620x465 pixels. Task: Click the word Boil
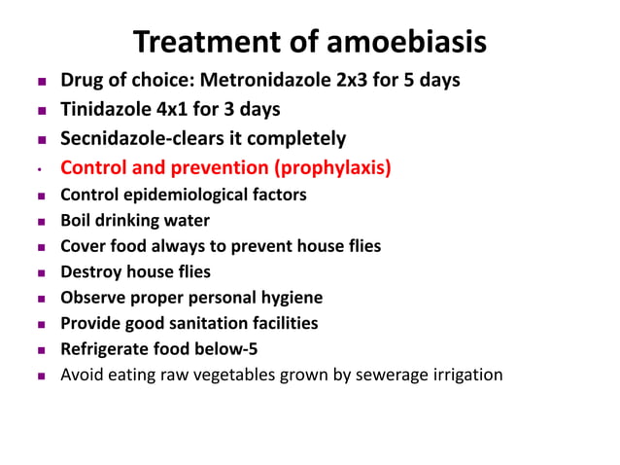click(78, 221)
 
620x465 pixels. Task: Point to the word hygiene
click(289, 298)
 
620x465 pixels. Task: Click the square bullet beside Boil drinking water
click(40, 222)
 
